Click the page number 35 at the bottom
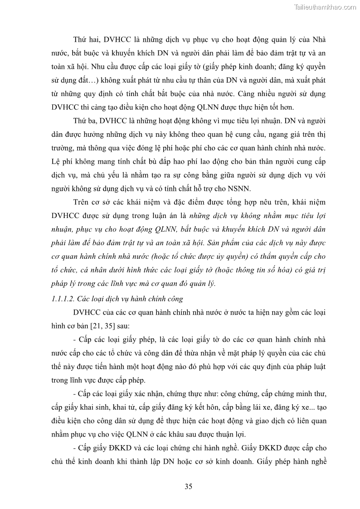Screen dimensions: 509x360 click(x=189, y=487)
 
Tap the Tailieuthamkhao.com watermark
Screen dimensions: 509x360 click(x=325, y=7)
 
